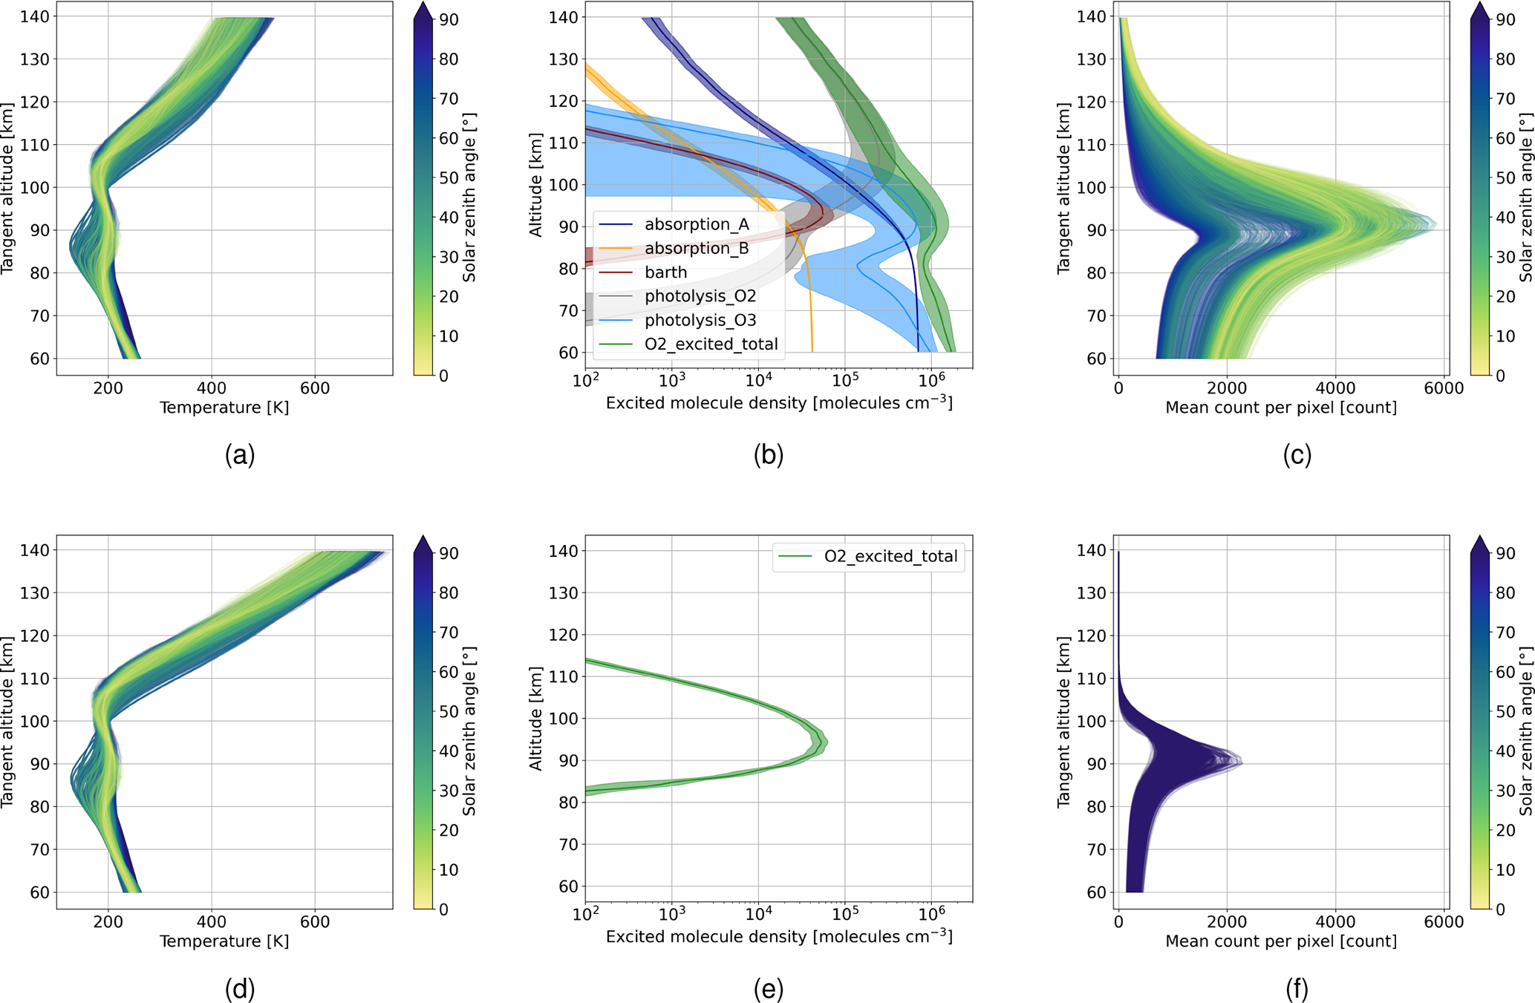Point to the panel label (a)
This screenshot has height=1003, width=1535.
pyautogui.click(x=240, y=455)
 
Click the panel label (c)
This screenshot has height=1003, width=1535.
pyautogui.click(x=1297, y=455)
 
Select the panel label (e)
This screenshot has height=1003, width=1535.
pyautogui.click(x=768, y=989)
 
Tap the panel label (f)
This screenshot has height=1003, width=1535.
pyautogui.click(x=1297, y=989)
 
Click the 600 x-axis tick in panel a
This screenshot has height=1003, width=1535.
pyautogui.click(x=315, y=388)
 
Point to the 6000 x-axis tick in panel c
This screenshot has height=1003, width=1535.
pyautogui.click(x=1444, y=388)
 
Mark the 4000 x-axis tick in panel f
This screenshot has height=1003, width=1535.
pyautogui.click(x=1335, y=922)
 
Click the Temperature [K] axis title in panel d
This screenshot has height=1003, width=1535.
pyautogui.click(x=224, y=941)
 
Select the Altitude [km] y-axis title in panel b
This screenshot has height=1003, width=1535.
pyautogui.click(x=535, y=185)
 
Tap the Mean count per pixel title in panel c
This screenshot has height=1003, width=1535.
pyautogui.click(x=1281, y=408)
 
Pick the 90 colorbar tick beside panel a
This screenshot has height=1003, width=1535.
pyautogui.click(x=449, y=20)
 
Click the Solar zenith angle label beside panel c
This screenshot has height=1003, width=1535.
pyautogui.click(x=1525, y=197)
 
